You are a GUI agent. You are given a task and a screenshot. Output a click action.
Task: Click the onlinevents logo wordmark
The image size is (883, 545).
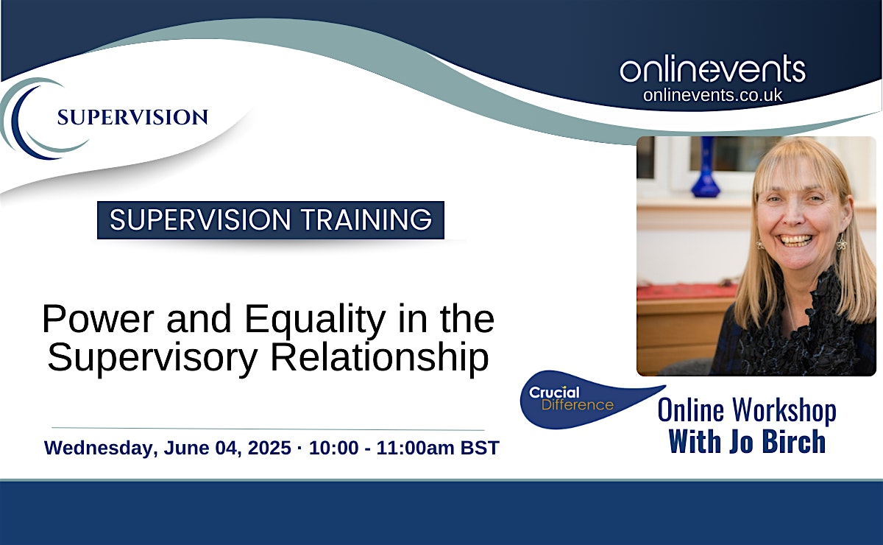click(x=713, y=69)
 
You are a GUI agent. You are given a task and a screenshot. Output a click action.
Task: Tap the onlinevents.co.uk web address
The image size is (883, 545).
click(x=713, y=95)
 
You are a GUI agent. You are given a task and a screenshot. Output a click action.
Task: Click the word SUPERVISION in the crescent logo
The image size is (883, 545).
click(x=132, y=118)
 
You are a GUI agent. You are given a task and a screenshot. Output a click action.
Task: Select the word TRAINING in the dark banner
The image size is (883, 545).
click(x=366, y=219)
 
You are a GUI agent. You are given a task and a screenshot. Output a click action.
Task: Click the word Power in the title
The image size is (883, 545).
click(x=98, y=319)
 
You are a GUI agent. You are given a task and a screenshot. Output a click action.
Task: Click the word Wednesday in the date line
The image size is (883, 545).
click(x=101, y=449)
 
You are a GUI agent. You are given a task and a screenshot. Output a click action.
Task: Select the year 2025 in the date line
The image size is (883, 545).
click(x=269, y=448)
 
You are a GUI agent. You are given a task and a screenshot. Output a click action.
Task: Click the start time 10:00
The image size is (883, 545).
click(x=334, y=448)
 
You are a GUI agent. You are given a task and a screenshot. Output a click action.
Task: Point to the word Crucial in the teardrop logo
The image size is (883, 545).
click(x=554, y=393)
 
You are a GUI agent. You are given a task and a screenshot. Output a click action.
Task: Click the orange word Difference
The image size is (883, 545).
click(x=578, y=405)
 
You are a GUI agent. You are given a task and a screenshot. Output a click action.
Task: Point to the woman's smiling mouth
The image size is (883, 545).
click(x=797, y=240)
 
